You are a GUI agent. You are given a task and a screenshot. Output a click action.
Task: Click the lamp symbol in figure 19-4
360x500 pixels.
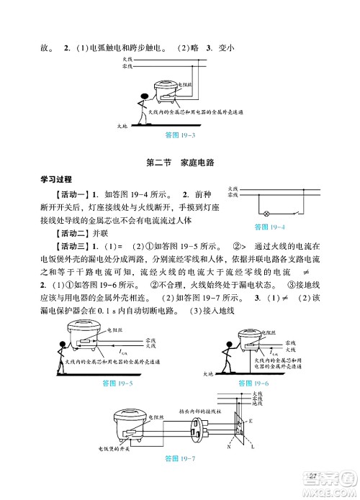(267, 214)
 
